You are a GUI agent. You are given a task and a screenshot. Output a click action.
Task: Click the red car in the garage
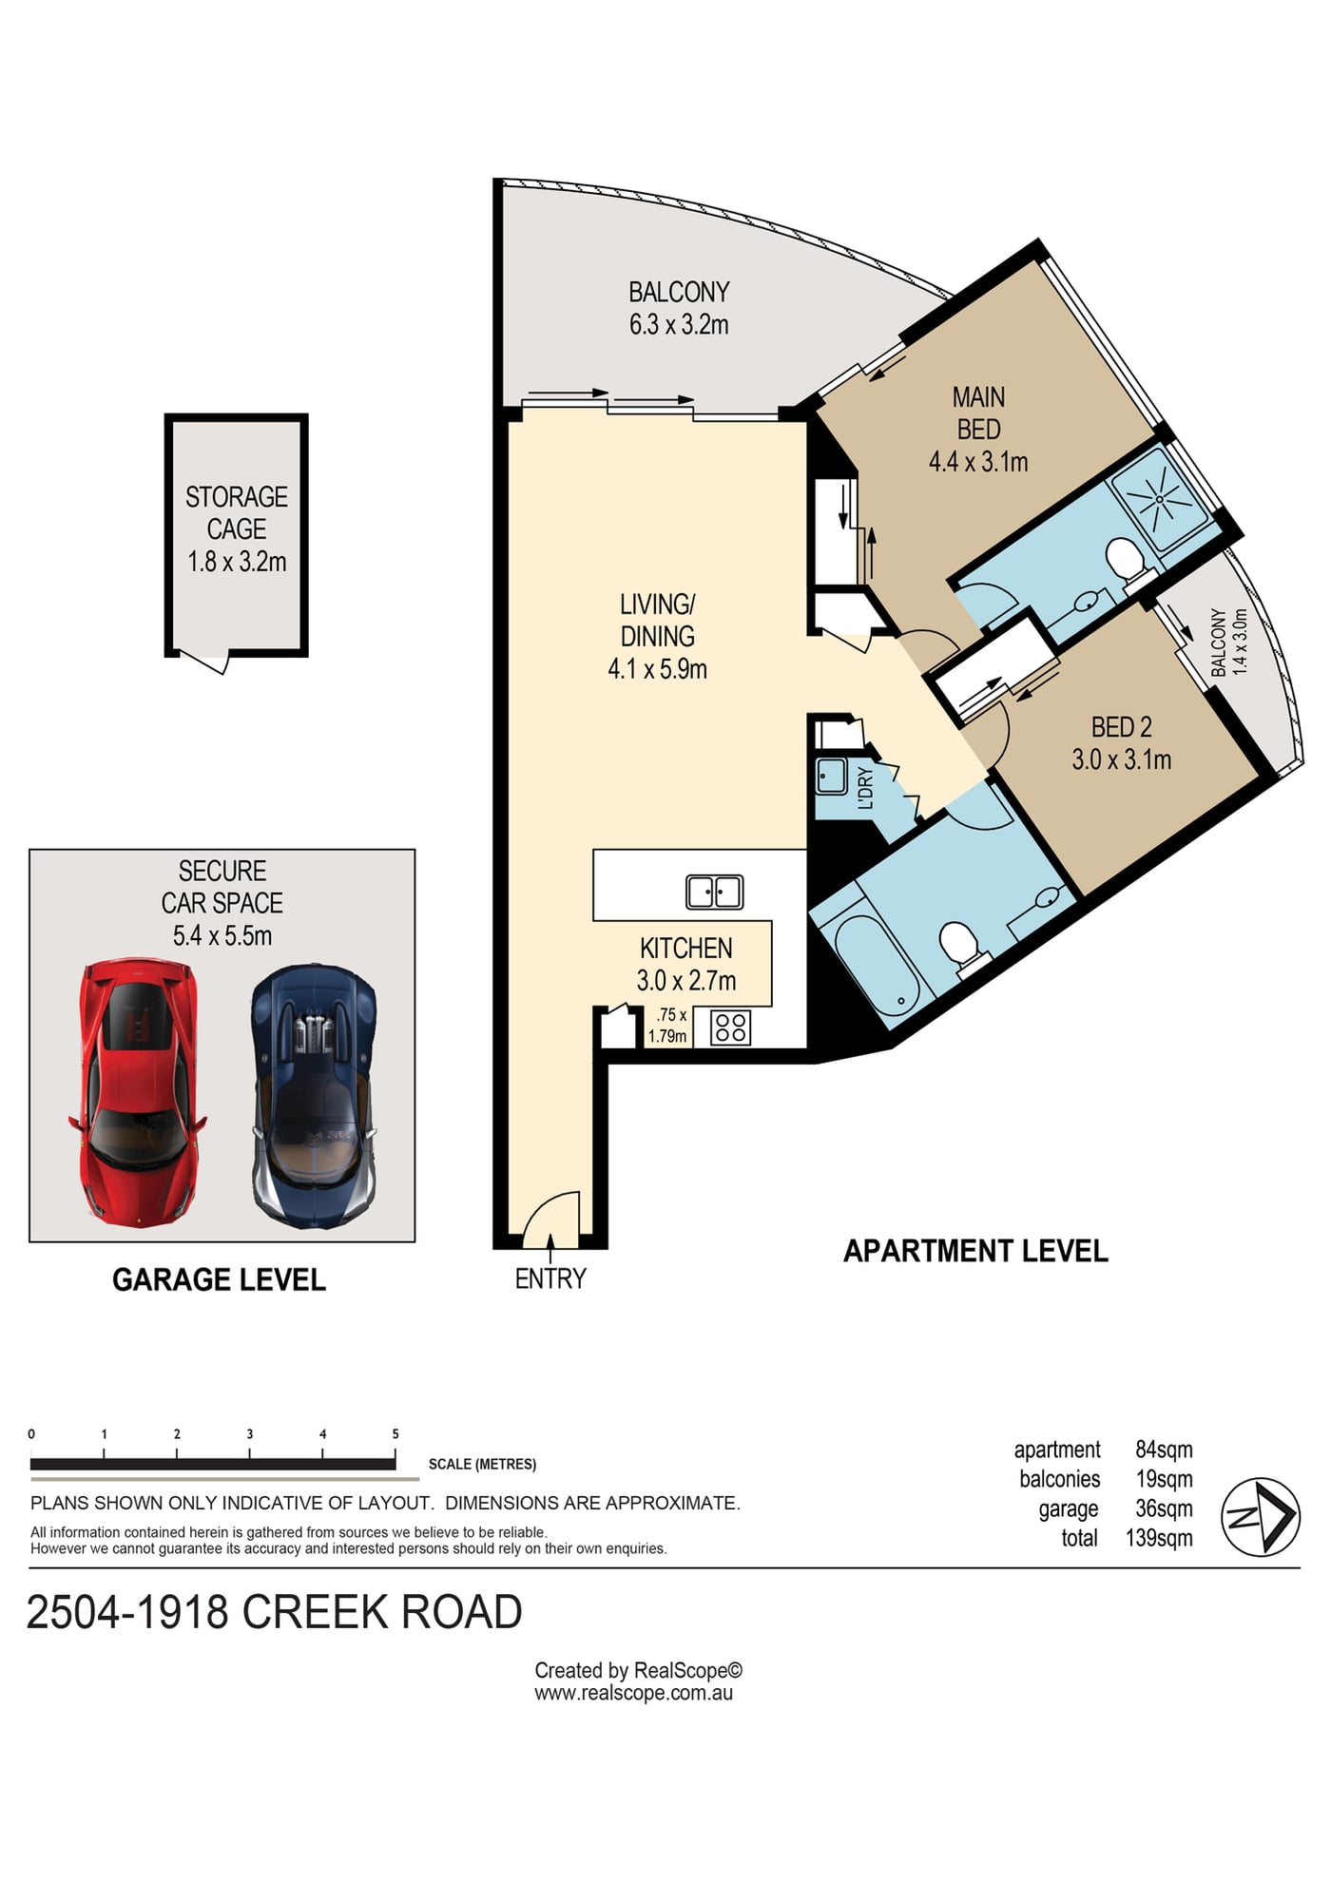pos(137,1092)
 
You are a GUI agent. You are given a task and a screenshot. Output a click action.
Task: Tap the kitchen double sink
pos(715,893)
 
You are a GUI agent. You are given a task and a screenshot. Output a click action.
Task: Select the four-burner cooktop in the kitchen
pos(731,1027)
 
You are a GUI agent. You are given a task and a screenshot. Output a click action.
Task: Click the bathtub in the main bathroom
pos(875,962)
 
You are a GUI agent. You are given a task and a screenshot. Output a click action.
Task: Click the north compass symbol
pos(1261,1517)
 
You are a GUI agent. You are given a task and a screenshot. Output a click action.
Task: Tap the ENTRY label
pos(550,1278)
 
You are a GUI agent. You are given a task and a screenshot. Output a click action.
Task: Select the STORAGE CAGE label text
pos(237,512)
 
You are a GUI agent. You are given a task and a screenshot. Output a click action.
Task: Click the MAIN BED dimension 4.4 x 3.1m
pos(978,462)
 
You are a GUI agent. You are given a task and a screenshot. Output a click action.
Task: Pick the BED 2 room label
pos(1122,727)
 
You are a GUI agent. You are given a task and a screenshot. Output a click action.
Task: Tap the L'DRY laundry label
pos(864,787)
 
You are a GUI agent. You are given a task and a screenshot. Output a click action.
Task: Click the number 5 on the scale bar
pos(395,1433)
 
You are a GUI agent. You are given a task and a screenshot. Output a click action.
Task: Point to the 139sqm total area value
pos(1159,1538)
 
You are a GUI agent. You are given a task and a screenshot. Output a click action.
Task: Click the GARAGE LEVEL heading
pos(219,1279)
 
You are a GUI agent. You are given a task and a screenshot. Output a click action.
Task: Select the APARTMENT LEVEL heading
pos(976,1251)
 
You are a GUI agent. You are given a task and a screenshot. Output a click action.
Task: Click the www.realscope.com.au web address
pos(633,1693)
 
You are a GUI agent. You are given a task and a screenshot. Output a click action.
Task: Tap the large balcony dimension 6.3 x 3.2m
pos(679,325)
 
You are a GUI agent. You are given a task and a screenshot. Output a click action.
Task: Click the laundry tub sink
pos(832,776)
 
